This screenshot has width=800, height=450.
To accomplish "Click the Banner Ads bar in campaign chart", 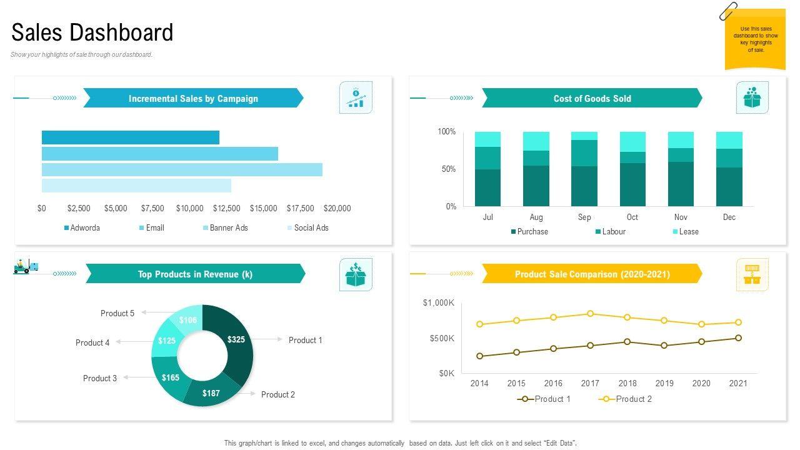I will click(182, 169).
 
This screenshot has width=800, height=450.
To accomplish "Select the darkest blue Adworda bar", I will click(131, 137).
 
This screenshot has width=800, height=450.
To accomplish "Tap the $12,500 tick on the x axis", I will click(226, 208).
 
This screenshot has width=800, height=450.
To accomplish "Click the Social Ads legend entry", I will click(311, 228).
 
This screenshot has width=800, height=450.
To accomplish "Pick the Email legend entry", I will click(154, 228).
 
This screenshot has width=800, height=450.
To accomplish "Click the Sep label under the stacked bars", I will click(584, 217).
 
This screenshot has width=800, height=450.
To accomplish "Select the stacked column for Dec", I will click(729, 169).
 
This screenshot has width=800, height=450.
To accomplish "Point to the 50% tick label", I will click(448, 169).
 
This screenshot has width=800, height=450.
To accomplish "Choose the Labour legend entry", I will click(613, 232).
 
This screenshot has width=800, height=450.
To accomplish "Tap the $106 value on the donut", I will click(188, 320).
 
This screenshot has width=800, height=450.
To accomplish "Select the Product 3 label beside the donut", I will click(100, 378).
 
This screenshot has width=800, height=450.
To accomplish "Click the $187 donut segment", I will click(212, 393).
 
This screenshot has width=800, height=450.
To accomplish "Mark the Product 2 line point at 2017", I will click(591, 314).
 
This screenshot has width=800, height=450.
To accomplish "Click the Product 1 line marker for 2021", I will click(738, 338).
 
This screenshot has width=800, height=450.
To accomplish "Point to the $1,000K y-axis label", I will click(439, 303).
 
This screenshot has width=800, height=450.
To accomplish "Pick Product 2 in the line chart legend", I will click(633, 399).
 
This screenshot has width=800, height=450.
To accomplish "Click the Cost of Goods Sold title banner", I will click(592, 98).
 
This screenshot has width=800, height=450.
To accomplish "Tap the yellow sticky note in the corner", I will click(755, 39).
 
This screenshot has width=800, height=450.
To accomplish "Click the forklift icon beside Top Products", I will click(25, 266).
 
